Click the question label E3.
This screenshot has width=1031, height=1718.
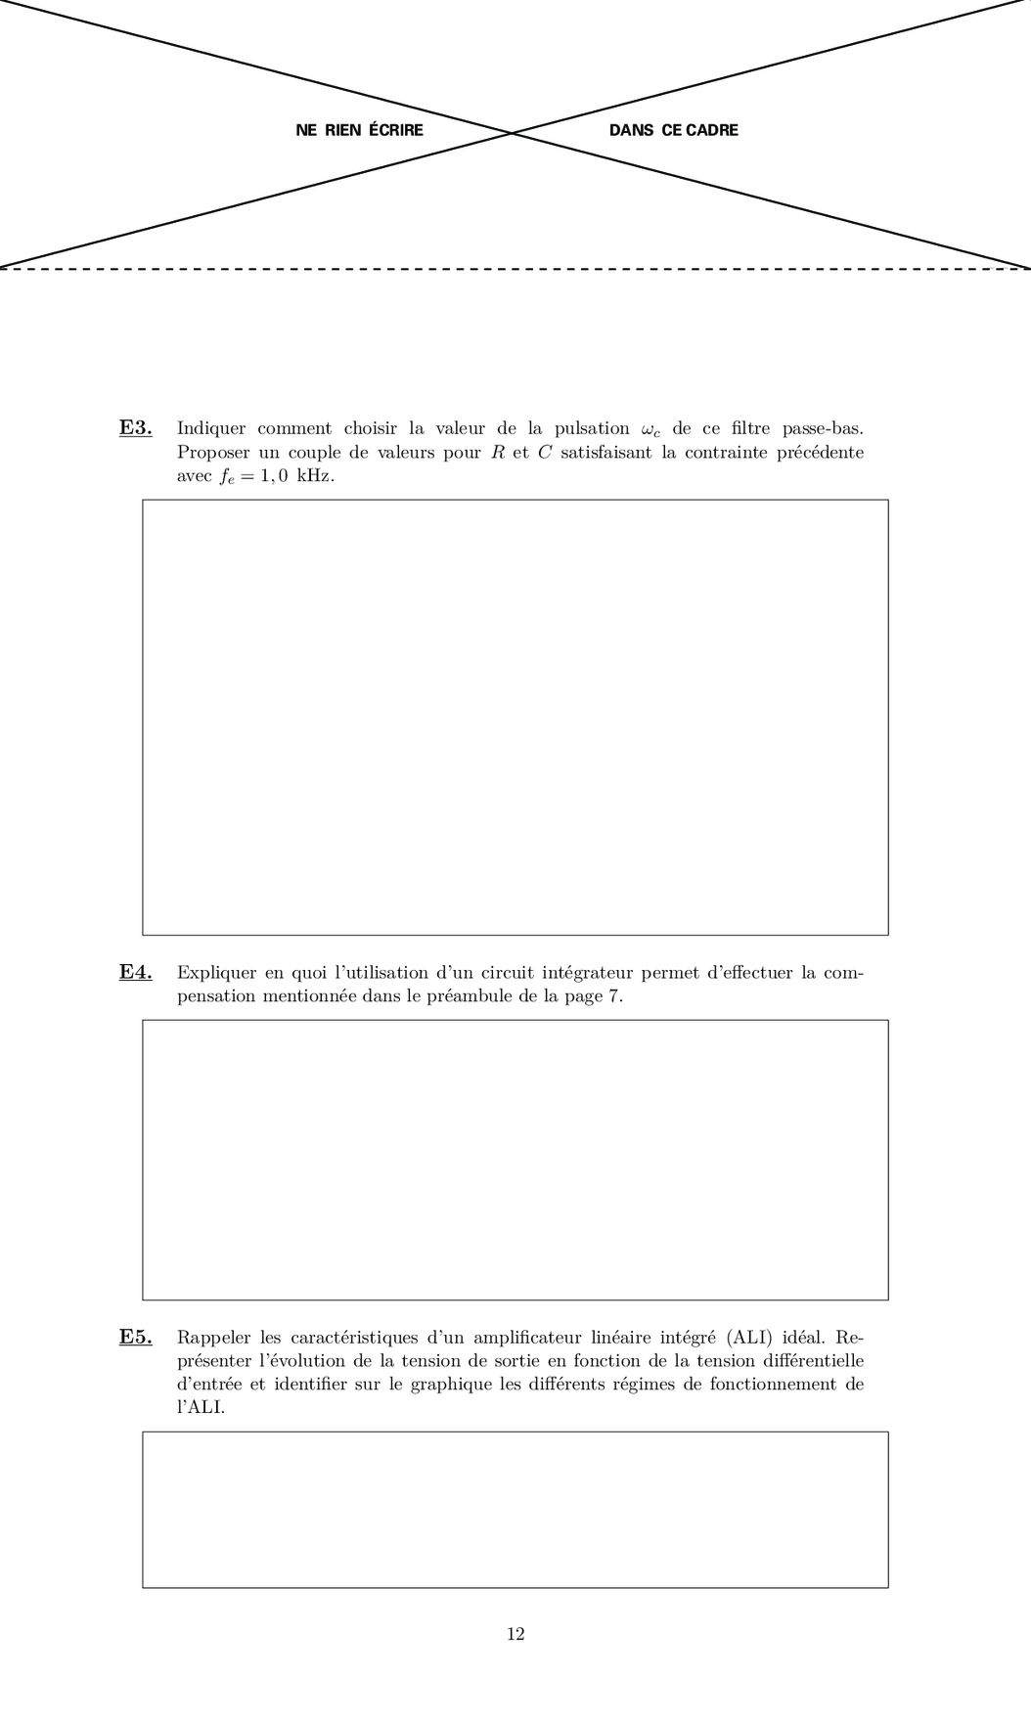(x=135, y=427)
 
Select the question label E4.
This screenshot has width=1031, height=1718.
(x=135, y=972)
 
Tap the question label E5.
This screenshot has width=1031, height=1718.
(x=135, y=1337)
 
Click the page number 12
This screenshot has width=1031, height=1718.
(x=515, y=1633)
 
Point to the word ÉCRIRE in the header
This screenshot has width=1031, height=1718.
(x=396, y=130)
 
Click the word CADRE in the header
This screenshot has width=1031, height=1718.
(x=712, y=130)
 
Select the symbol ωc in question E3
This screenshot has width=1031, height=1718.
(x=650, y=429)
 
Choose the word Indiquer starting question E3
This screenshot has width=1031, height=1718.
(x=210, y=428)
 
